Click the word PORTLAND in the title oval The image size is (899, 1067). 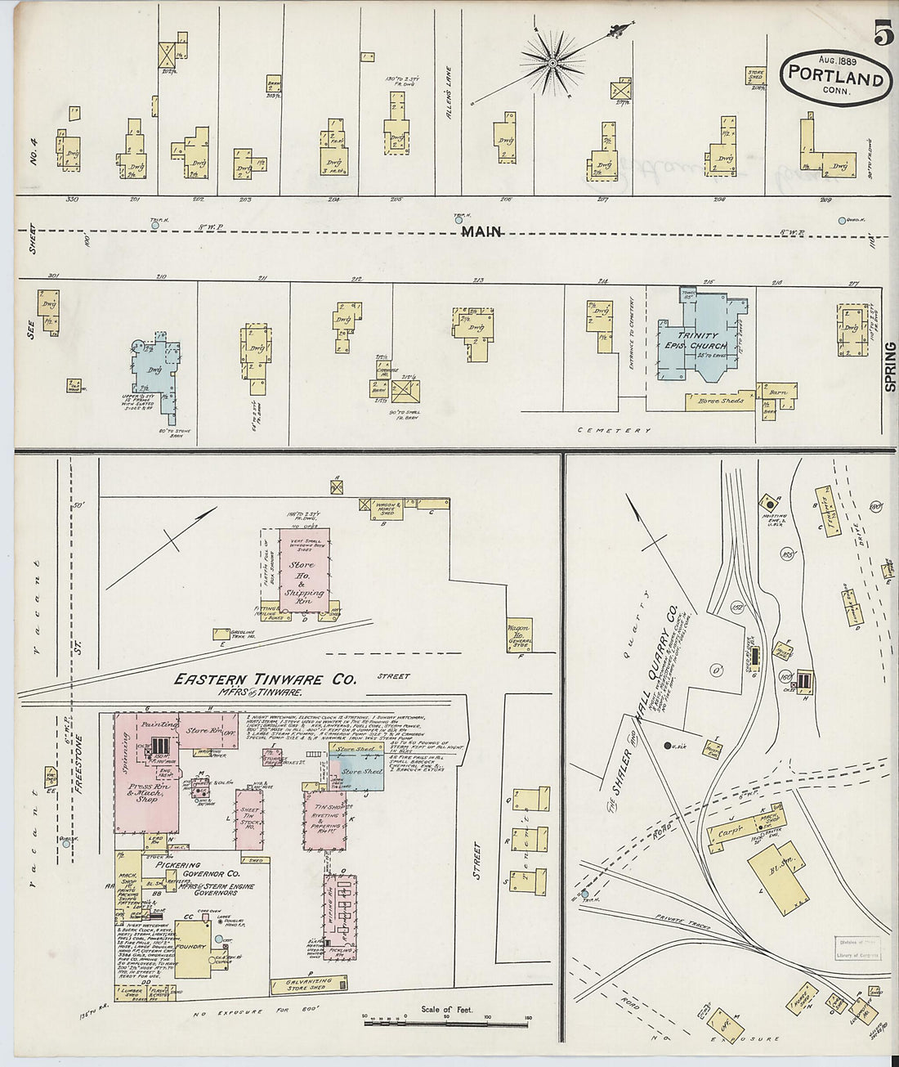tap(834, 78)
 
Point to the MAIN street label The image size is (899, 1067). tap(481, 232)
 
